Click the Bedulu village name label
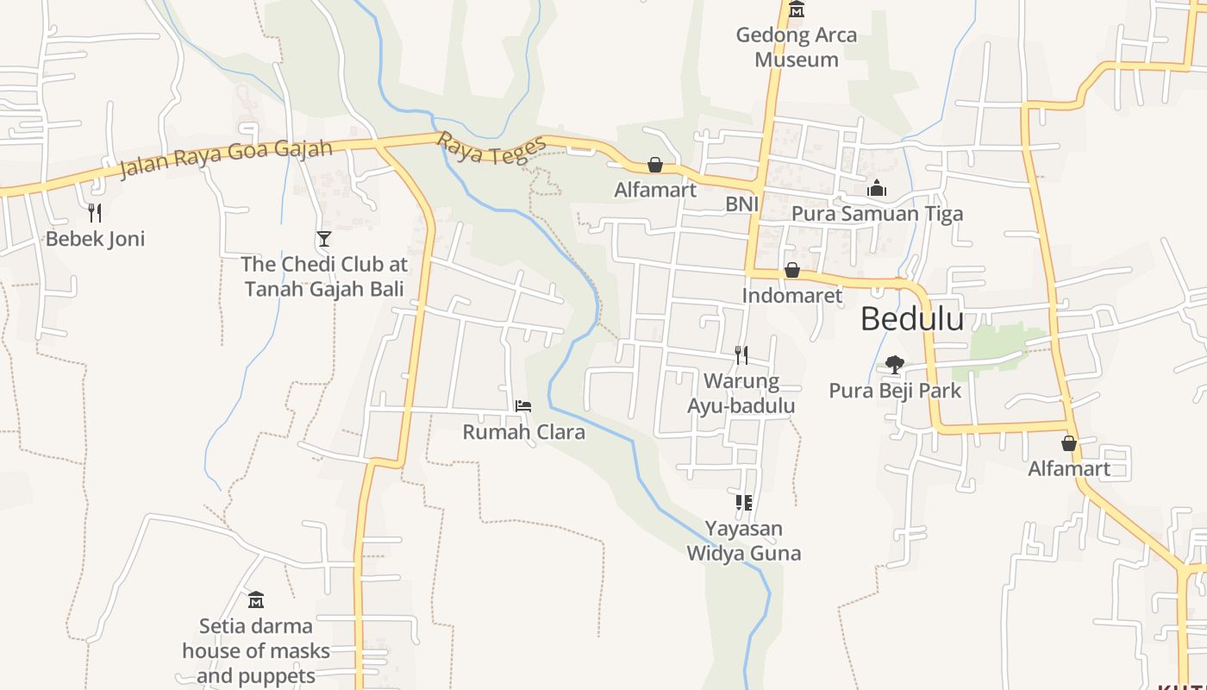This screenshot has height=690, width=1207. [x=912, y=319]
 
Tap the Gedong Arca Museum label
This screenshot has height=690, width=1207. [x=797, y=47]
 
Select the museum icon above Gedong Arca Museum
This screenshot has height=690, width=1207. [x=797, y=9]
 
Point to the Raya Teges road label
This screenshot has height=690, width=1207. [x=492, y=148]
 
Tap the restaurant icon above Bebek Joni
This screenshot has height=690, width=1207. [x=95, y=212]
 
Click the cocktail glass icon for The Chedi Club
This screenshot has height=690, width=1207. [x=324, y=238]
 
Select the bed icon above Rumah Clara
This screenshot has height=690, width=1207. [x=523, y=405]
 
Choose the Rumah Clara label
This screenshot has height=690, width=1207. [x=523, y=431]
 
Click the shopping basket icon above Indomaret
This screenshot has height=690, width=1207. [x=791, y=271]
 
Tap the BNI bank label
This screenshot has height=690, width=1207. [x=741, y=204]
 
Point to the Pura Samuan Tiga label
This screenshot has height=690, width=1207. [x=877, y=213]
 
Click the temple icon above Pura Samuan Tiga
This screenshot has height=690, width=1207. [x=877, y=188]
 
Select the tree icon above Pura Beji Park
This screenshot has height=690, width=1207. [x=895, y=365]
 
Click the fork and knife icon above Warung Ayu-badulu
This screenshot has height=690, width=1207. [x=741, y=354]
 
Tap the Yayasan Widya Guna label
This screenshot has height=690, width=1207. [x=743, y=541]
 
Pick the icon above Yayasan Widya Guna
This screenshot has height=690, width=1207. [x=743, y=502]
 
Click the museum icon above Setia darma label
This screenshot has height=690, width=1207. [x=255, y=599]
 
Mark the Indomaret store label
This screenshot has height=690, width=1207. [x=791, y=296]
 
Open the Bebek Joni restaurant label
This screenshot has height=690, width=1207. [x=95, y=238]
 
